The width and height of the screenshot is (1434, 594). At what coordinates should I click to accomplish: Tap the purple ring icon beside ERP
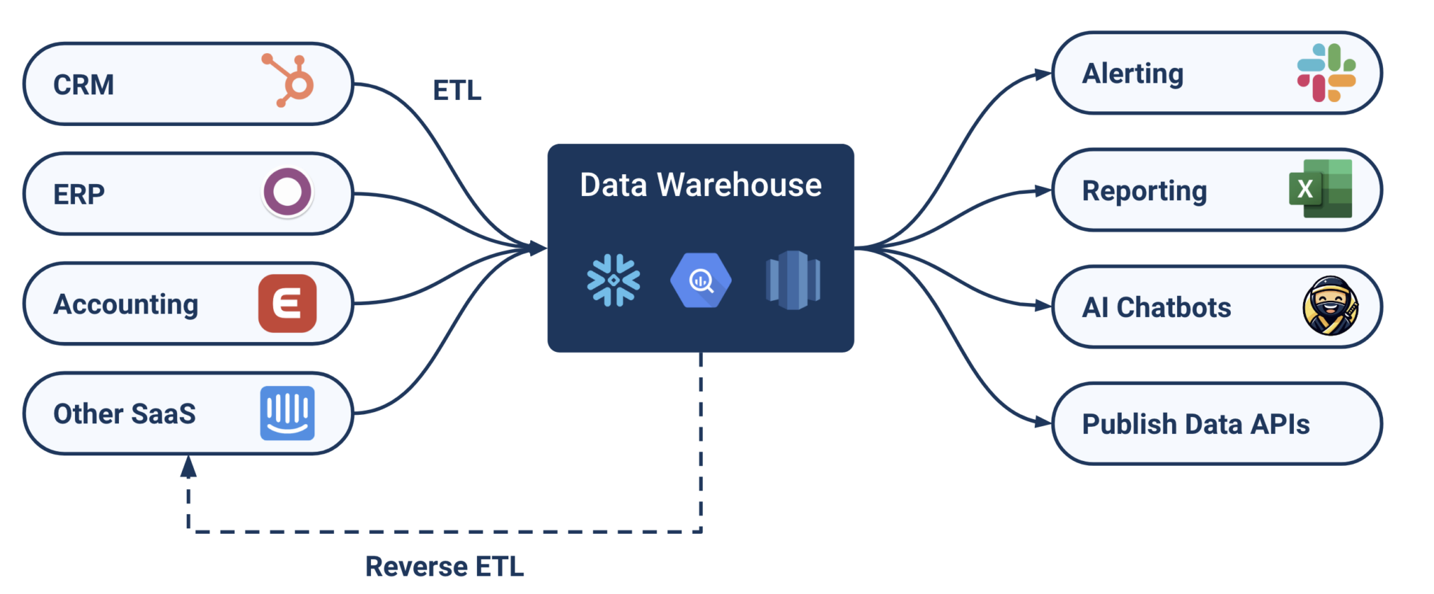287,192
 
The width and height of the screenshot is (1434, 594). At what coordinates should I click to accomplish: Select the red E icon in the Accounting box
287,304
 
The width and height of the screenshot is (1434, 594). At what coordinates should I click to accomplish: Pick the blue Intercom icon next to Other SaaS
287,413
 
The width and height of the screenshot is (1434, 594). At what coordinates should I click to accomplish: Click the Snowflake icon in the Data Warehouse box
613,280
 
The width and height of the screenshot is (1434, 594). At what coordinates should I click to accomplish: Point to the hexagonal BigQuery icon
701,280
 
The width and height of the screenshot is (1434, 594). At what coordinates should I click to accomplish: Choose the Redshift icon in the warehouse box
793,280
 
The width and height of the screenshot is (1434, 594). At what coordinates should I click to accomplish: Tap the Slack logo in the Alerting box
1326,73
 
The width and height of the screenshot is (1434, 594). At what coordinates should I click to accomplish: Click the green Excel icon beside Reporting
1321,189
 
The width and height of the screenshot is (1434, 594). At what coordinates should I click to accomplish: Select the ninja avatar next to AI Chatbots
1330,306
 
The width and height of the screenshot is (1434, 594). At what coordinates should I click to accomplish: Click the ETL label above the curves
457,90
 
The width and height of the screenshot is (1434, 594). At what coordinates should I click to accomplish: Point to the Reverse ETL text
445,566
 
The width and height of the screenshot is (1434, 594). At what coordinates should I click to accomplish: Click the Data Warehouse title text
701,185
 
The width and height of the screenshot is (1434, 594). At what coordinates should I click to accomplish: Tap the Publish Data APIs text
1195,424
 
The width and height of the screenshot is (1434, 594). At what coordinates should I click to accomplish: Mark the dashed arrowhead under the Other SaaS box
188,466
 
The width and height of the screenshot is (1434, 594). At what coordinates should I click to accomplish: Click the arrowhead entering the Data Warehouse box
538,248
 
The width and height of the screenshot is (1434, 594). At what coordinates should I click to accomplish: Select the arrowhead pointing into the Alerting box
1043,74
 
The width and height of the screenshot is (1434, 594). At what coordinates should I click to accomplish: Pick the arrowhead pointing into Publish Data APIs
1043,422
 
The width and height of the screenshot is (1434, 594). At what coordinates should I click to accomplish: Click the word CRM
83,85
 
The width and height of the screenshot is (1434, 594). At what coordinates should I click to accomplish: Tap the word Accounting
126,304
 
